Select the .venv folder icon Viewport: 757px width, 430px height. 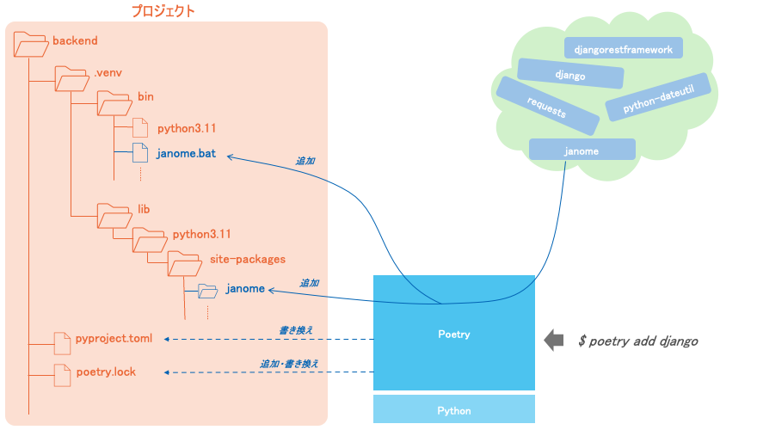[x=71, y=78]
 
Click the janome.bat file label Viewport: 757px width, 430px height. [x=186, y=154]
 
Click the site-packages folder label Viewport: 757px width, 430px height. [x=247, y=258]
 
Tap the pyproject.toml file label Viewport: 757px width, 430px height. [x=114, y=339]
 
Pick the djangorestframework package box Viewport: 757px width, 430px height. [x=623, y=48]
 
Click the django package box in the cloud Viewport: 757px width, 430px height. [x=570, y=74]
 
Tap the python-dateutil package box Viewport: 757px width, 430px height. [x=658, y=96]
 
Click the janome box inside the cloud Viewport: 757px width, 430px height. [x=582, y=150]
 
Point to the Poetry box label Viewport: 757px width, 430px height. [x=453, y=334]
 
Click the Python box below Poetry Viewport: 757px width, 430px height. [x=453, y=410]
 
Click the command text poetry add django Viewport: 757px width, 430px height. [x=637, y=341]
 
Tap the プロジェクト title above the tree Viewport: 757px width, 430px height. [x=163, y=11]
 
